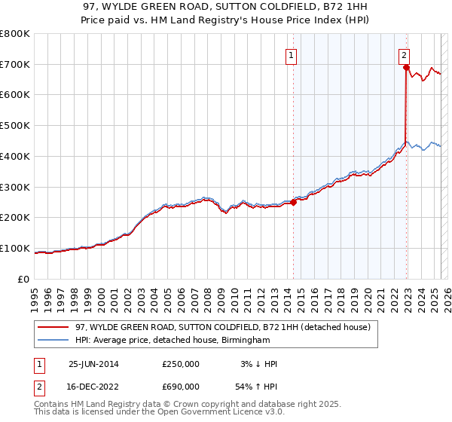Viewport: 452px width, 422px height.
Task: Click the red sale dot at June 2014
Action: coord(293,202)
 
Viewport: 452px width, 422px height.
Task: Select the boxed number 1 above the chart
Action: coord(291,54)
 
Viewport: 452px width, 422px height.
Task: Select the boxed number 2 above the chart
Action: coord(405,54)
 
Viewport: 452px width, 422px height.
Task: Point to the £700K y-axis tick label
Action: coord(15,65)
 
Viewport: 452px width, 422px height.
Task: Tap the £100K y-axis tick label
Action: coord(15,249)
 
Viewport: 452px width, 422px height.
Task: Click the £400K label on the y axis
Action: coord(15,157)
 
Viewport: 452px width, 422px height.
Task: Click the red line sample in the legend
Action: coord(53,328)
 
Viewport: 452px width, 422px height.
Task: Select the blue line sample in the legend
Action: coord(53,341)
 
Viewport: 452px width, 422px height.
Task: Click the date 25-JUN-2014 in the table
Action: coord(94,364)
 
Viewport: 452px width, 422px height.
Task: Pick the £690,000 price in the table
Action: coord(181,388)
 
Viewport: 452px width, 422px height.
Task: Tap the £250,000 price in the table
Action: coord(181,364)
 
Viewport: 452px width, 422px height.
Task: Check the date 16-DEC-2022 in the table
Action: coord(94,388)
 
